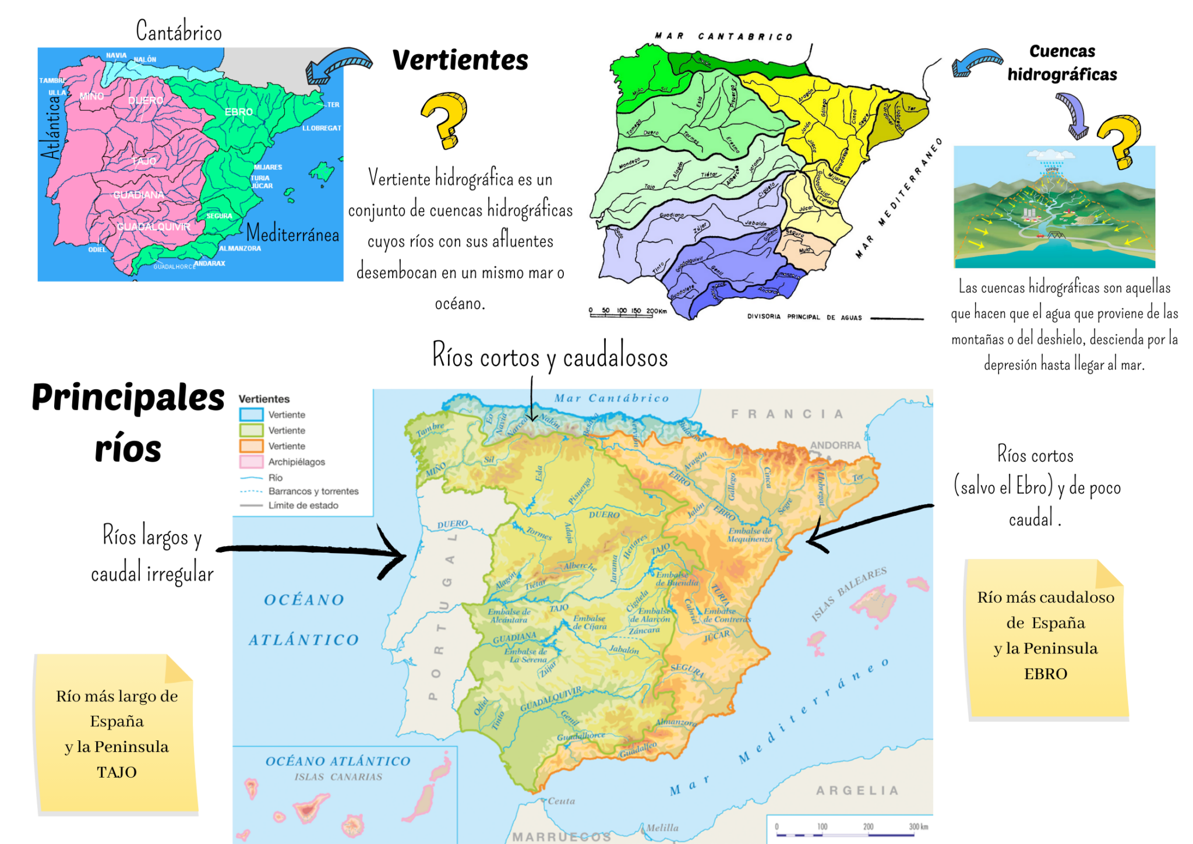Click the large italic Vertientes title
(x=460, y=60)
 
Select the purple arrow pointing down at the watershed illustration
(x=1072, y=116)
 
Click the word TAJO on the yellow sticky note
(x=117, y=772)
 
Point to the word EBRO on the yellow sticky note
(x=1046, y=674)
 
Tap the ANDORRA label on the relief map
(x=835, y=445)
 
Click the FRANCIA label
(x=787, y=414)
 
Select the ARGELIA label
(x=857, y=790)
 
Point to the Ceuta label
(x=561, y=801)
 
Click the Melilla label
(x=662, y=828)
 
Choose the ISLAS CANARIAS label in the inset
(x=338, y=777)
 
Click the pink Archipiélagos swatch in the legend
(x=251, y=462)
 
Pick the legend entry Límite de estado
(x=303, y=505)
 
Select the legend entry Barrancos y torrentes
(x=313, y=491)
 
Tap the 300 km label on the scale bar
(x=918, y=827)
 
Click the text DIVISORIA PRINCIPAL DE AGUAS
(x=804, y=317)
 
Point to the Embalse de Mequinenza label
(x=749, y=535)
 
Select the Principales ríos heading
(x=128, y=423)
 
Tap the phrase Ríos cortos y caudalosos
(x=550, y=357)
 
